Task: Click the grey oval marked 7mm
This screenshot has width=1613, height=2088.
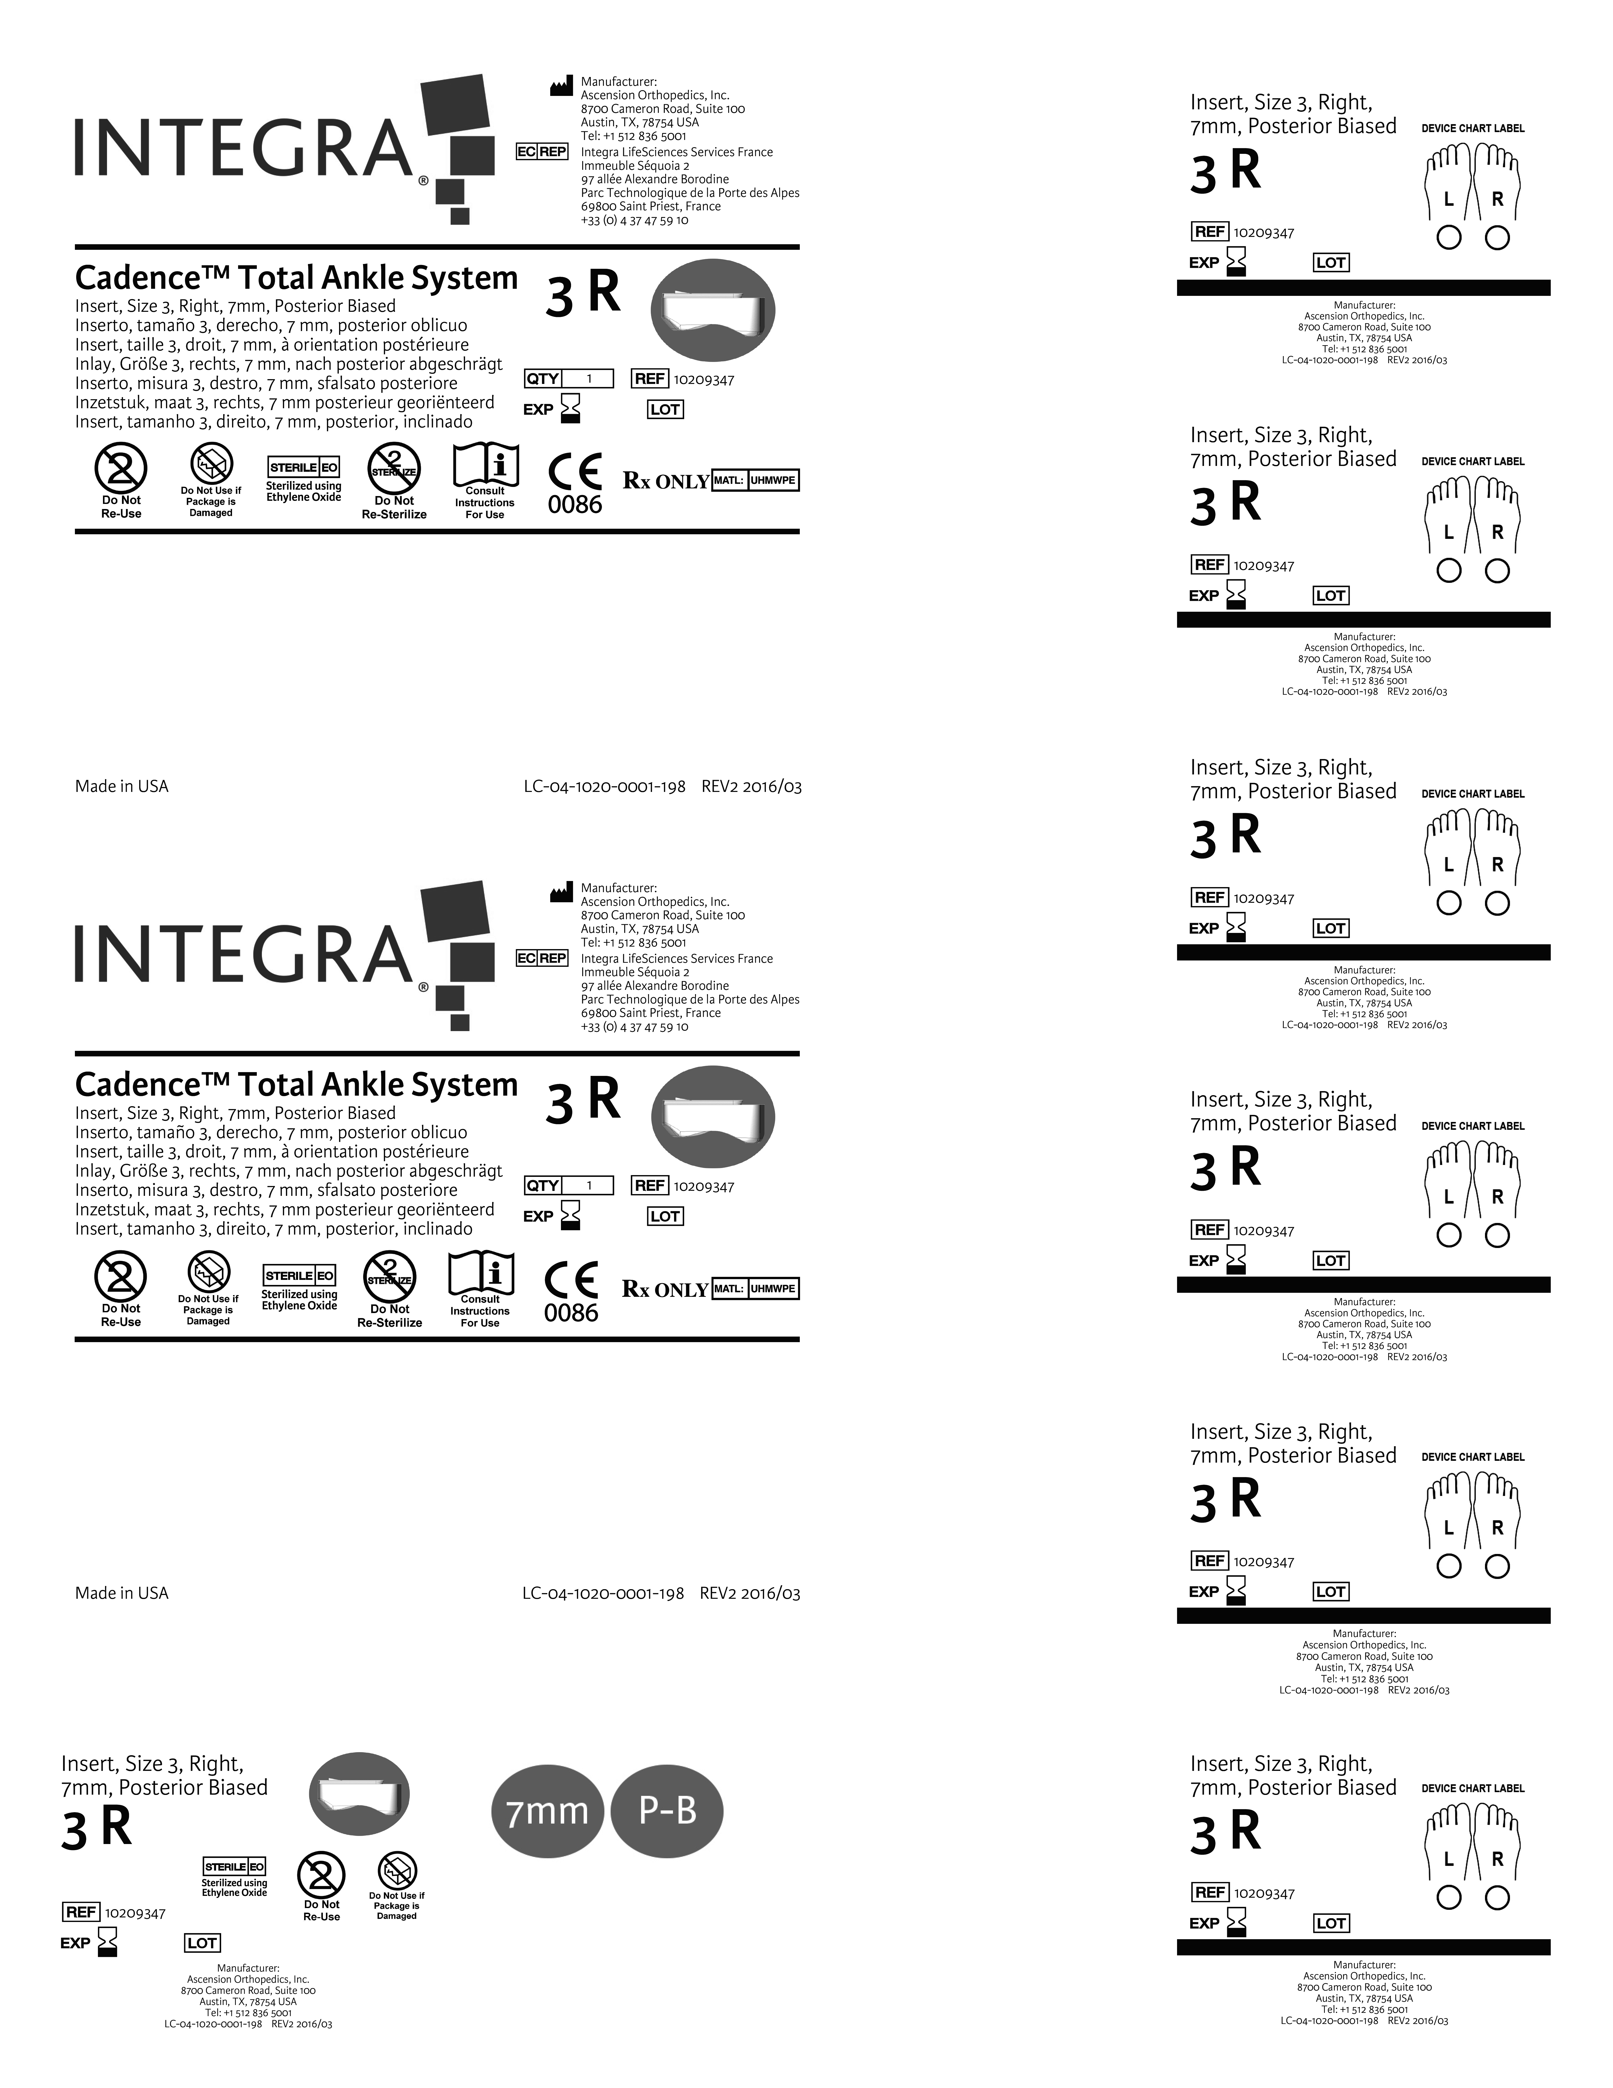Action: (547, 1811)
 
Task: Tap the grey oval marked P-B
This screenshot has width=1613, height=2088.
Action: (667, 1811)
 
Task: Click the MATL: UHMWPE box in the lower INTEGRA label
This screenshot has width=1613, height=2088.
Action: (754, 1289)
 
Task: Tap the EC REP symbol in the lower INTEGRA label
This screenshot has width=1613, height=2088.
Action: (542, 958)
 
